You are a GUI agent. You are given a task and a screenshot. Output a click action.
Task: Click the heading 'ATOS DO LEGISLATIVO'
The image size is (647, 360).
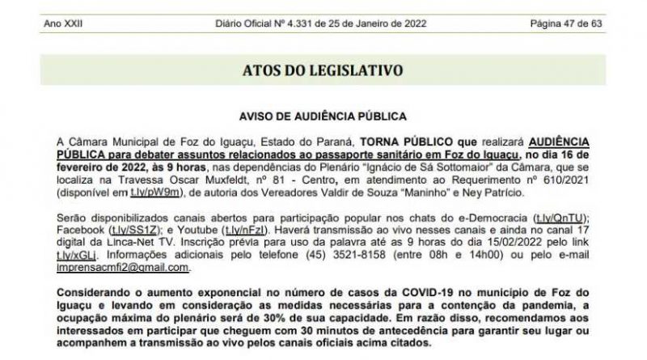pyautogui.click(x=323, y=70)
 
